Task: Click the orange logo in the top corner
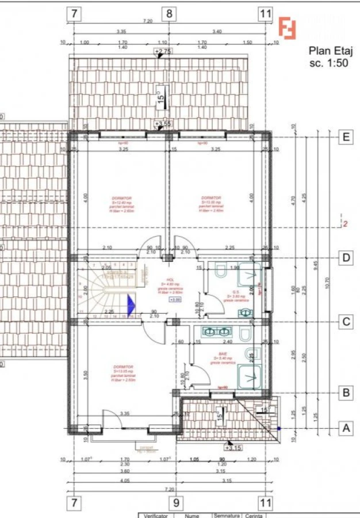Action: (287, 28)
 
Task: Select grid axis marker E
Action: (346, 137)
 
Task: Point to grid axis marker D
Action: (346, 258)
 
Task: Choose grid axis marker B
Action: (346, 393)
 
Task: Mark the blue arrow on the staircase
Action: (131, 303)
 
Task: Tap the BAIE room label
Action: (223, 355)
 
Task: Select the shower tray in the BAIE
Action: (251, 377)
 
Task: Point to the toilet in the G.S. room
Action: (221, 271)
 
